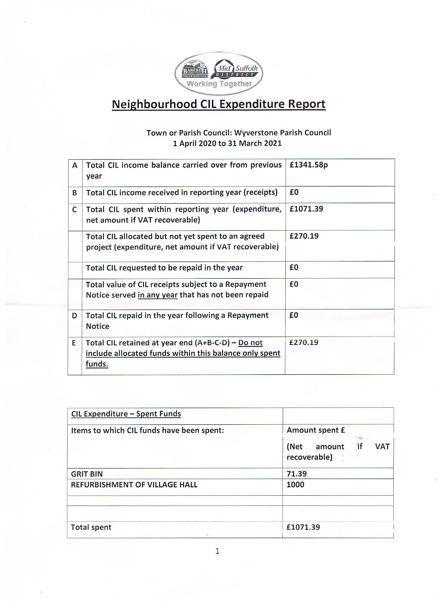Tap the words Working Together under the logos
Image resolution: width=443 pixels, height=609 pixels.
(219, 84)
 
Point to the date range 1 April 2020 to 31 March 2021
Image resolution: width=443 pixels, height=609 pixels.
(227, 143)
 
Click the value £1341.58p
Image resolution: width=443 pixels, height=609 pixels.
(309, 165)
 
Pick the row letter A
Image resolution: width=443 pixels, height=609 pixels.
(75, 165)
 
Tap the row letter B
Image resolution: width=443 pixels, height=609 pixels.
(75, 193)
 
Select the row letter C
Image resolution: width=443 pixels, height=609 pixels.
(75, 209)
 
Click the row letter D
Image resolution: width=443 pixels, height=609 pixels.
(75, 315)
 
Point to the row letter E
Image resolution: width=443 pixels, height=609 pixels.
(74, 343)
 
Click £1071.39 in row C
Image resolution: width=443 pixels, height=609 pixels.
(306, 209)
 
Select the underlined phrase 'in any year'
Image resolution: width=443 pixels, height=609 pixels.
(157, 295)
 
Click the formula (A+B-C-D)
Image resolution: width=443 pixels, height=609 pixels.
(212, 343)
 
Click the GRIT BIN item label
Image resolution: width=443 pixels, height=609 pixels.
(87, 474)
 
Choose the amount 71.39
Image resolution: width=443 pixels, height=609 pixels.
(296, 474)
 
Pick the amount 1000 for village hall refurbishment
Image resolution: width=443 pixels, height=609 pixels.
(295, 484)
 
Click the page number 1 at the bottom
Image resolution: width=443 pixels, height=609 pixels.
(217, 551)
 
